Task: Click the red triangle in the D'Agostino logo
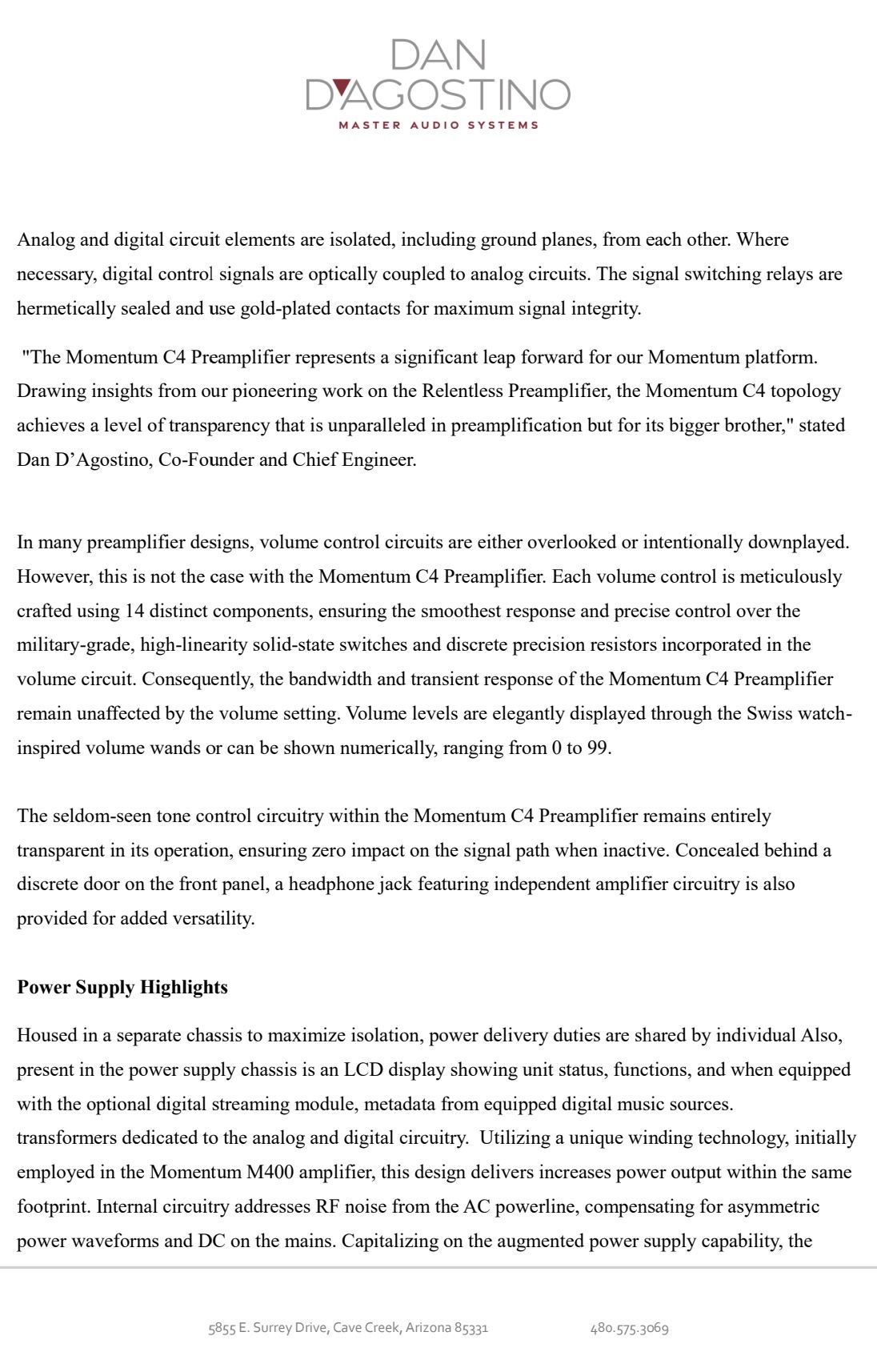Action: coord(340,86)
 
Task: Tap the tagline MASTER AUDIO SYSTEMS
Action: coord(438,125)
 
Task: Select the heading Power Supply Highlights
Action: coord(122,987)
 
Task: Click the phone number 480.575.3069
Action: coord(629,1328)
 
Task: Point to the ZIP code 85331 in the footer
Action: coord(471,1328)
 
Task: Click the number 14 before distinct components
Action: coord(134,611)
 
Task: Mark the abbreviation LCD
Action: coord(364,1069)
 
